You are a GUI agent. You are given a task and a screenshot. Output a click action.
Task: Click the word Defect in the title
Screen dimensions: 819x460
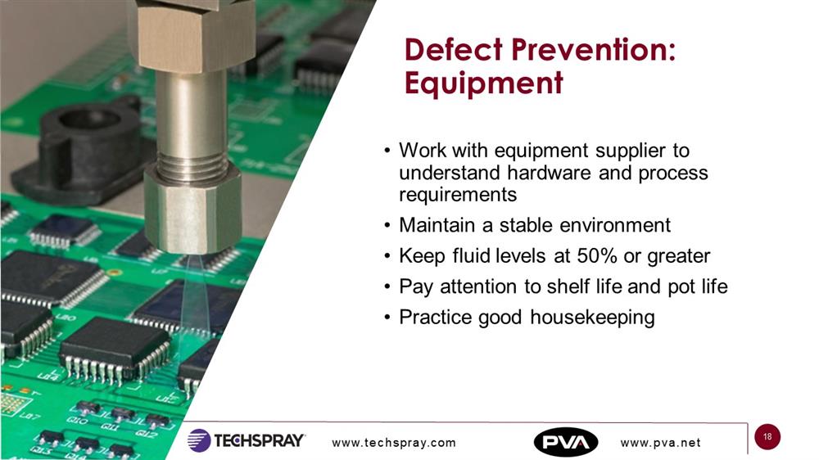(454, 50)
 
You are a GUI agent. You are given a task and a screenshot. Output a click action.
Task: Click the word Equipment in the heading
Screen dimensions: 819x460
(484, 83)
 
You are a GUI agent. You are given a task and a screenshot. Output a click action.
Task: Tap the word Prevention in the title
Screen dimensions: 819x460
(593, 50)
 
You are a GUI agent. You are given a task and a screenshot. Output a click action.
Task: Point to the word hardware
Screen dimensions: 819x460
(549, 173)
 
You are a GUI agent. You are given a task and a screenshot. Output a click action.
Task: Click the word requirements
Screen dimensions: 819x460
(458, 196)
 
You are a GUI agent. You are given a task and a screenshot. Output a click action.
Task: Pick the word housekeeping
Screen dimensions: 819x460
(592, 318)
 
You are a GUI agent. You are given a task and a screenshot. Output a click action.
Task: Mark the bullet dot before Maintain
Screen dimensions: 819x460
(387, 226)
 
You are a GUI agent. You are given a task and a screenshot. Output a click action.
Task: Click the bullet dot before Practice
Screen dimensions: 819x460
(387, 318)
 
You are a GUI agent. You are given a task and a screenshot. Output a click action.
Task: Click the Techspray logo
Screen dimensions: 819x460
(246, 440)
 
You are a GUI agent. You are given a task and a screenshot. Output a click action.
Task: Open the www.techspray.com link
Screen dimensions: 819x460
(394, 443)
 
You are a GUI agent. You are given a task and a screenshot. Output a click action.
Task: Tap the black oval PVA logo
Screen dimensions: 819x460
(566, 442)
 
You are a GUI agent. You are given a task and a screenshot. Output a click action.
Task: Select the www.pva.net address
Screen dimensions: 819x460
(661, 443)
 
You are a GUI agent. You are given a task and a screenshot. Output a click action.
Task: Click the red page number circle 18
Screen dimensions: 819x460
(767, 436)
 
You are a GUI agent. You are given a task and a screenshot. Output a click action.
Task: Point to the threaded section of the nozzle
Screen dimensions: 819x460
(192, 160)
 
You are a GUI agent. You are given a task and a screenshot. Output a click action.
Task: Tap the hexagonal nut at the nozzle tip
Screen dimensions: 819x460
(192, 209)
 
